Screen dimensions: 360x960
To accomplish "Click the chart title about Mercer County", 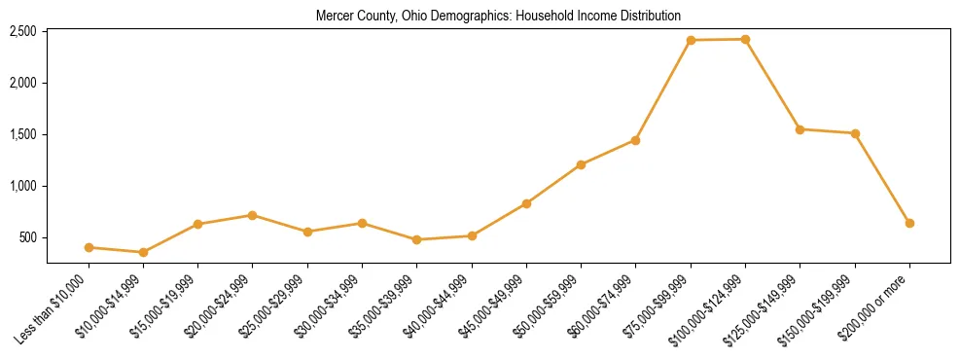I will click(498, 17).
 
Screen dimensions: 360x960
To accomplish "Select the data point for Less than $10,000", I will click(89, 247).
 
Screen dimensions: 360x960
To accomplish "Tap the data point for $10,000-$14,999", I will click(143, 252).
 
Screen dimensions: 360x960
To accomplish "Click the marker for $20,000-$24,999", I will click(253, 215).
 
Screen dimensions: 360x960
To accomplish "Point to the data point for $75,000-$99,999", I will click(691, 40).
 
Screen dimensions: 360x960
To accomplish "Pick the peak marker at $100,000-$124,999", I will click(745, 39).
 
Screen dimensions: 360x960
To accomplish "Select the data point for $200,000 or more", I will click(909, 223).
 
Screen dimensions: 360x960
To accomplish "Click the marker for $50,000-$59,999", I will click(581, 164).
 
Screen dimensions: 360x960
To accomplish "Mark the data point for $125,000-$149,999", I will click(800, 129).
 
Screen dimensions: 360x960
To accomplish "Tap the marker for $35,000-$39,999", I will click(417, 239).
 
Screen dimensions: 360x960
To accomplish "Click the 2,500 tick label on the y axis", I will click(22, 31).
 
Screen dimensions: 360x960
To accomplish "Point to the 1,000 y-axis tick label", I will click(22, 186).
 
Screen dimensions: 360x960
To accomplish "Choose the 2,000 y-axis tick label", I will click(22, 83).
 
